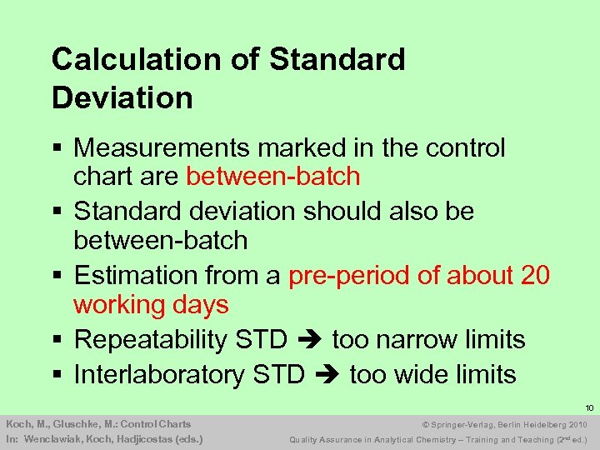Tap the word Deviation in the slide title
point(122,97)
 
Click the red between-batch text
point(273,177)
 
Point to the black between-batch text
point(161,240)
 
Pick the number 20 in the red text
point(532,275)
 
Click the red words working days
point(151,304)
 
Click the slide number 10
point(589,408)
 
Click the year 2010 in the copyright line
point(576,424)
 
